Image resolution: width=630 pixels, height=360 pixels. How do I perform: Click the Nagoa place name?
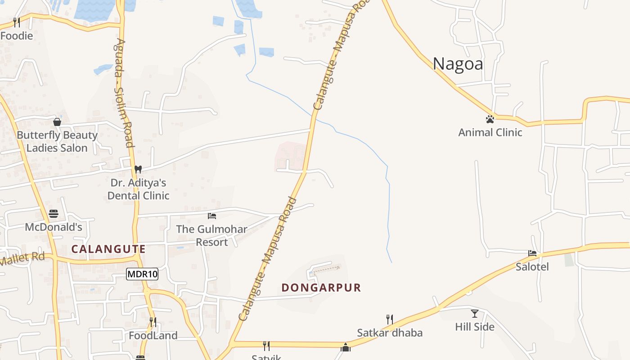458,64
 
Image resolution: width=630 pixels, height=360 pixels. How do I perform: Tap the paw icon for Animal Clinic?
490,119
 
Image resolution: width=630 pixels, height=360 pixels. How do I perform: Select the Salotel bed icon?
532,253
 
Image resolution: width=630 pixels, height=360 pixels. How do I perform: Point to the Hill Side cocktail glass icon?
475,313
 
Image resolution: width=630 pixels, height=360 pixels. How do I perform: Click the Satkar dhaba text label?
390,333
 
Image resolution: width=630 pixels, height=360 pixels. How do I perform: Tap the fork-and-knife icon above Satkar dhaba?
390,319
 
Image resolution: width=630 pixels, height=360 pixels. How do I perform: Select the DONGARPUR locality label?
321,288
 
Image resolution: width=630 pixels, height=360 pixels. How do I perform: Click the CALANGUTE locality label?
108,249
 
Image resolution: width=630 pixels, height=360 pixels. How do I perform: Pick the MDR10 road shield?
142,274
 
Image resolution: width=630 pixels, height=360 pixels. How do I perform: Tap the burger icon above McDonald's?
54,213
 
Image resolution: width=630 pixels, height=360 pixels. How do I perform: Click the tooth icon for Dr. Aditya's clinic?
138,169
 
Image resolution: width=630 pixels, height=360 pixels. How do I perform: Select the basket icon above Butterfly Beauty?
57,122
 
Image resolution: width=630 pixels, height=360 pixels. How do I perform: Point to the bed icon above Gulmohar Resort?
212,216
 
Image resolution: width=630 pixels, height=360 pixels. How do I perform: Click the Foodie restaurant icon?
17,22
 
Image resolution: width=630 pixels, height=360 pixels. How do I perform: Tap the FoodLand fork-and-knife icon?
153,322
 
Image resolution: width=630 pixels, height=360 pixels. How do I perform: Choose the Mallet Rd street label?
22,259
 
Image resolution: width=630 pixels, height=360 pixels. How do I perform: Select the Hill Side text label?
475,327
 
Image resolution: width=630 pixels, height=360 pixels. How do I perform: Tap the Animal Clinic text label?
490,132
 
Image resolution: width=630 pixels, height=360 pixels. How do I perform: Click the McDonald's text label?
54,227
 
